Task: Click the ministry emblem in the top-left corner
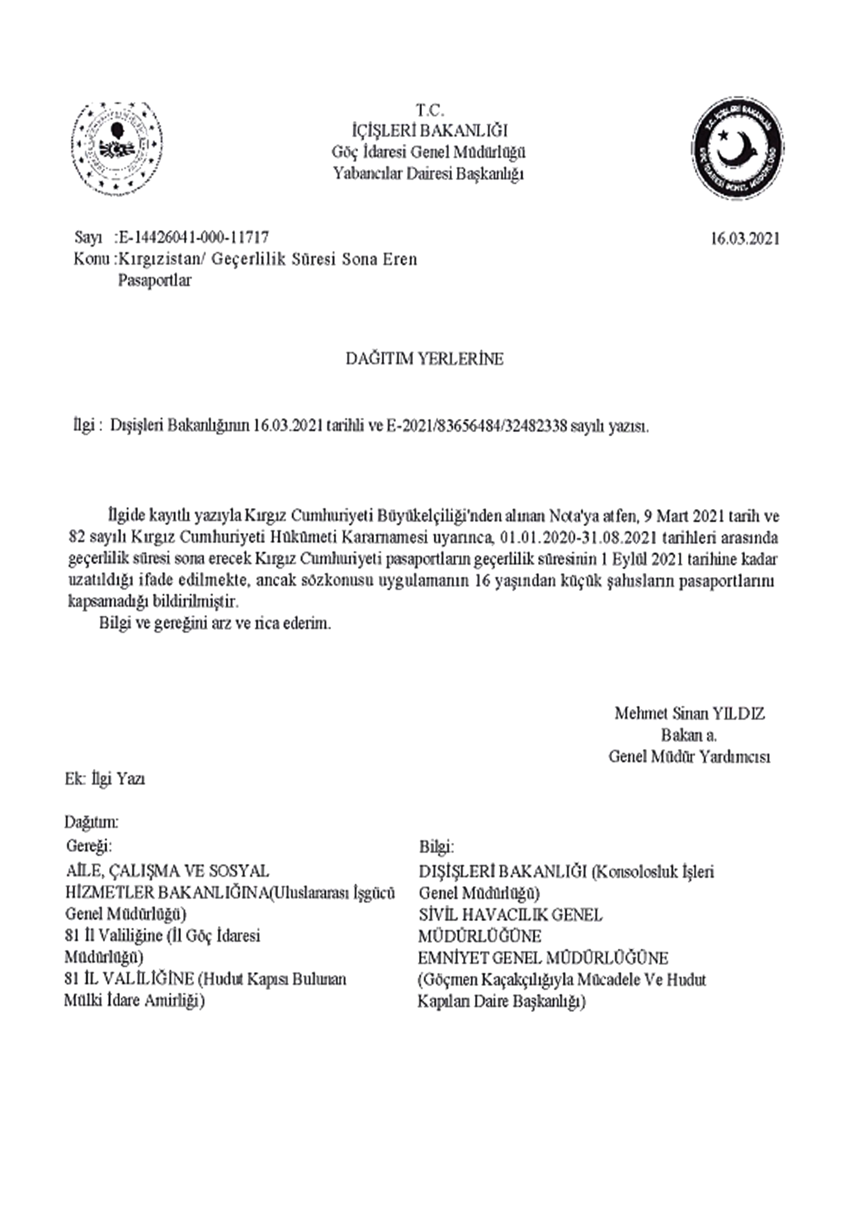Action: click(117, 148)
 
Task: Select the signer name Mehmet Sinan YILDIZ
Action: click(690, 713)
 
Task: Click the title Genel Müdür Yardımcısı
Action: click(690, 757)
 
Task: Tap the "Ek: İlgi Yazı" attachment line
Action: click(105, 779)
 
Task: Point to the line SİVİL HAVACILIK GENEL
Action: click(510, 915)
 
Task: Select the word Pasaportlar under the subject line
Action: click(154, 280)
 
